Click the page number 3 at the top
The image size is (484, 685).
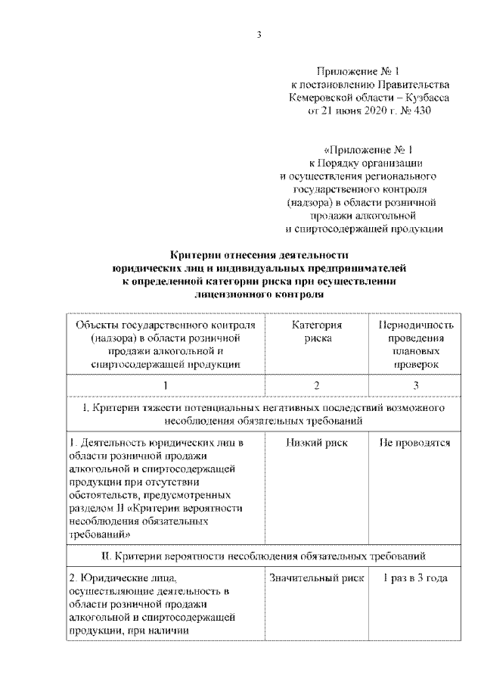(259, 33)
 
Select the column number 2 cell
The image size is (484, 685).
(317, 386)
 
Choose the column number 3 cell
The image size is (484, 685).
(415, 386)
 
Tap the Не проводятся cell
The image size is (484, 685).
(415, 443)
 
